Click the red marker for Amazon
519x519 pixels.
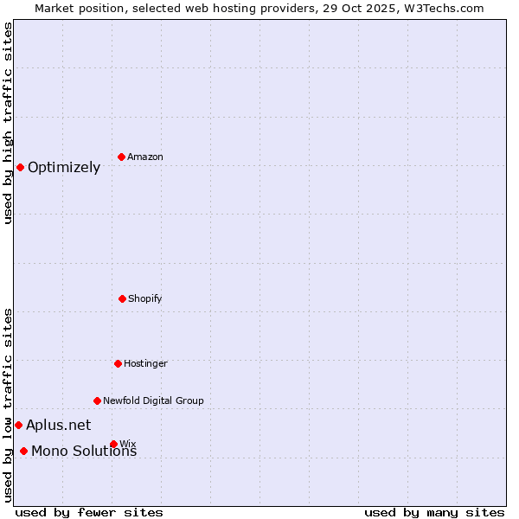[x=122, y=157]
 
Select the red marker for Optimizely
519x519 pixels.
[x=20, y=167]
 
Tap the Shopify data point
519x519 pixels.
[x=122, y=298]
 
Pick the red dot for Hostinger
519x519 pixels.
[x=118, y=363]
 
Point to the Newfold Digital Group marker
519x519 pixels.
[x=97, y=400]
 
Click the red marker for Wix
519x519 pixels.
[x=113, y=444]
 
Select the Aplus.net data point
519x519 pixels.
[x=18, y=425]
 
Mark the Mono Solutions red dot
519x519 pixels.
[x=23, y=451]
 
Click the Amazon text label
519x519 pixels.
[x=145, y=157]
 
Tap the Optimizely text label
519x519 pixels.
[x=64, y=168]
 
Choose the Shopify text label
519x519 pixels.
[x=145, y=298]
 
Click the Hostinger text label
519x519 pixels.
[x=145, y=363]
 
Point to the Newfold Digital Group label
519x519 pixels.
[x=153, y=400]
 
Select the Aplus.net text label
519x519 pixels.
[x=58, y=425]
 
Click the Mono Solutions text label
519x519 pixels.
[x=84, y=452]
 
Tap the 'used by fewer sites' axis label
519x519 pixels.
[x=89, y=512]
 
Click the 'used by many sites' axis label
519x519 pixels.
[x=434, y=512]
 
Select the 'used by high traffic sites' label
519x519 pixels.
[x=9, y=124]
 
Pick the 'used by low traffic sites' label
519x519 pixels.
[x=9, y=405]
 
